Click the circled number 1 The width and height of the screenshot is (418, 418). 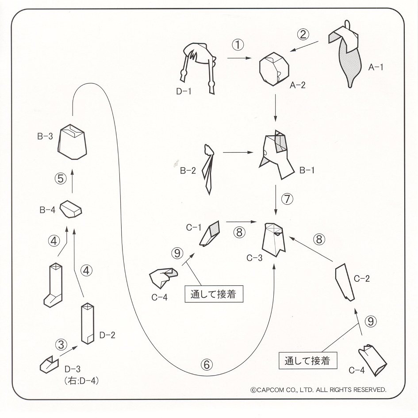[x=238, y=45]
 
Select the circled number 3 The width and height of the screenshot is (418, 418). [x=61, y=344]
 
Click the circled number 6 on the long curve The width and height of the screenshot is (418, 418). [x=207, y=364]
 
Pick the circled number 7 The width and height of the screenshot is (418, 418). [x=287, y=199]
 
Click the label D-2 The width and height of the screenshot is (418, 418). [x=108, y=334]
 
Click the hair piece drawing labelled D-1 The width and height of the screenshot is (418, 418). [x=198, y=65]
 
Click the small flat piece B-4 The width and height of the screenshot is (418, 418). [x=71, y=209]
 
